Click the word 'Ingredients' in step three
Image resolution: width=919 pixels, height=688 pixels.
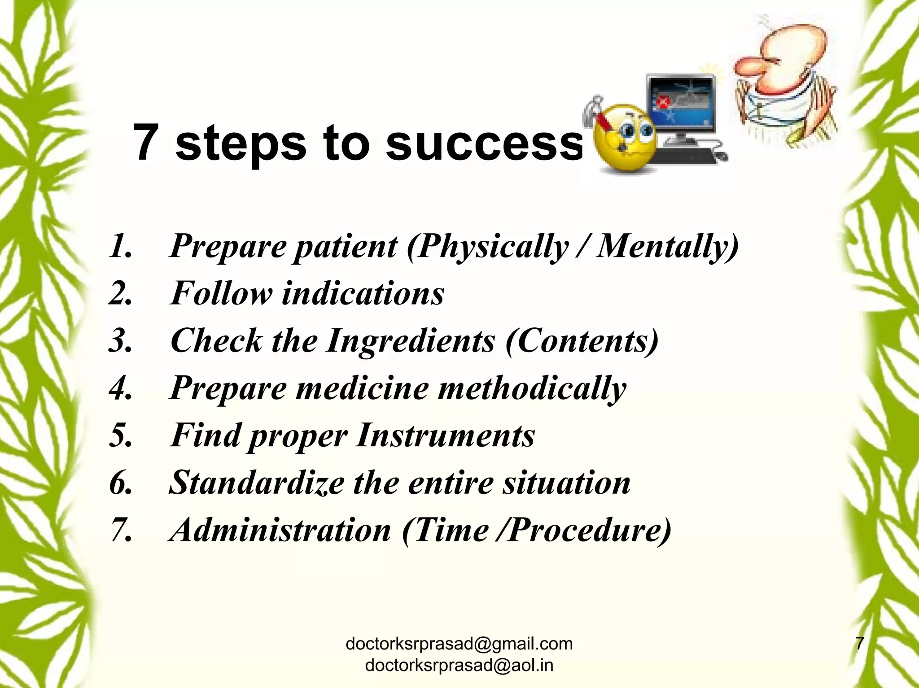pos(410,341)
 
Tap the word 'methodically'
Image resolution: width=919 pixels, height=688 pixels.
pos(532,388)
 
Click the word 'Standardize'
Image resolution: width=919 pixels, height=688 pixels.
pos(256,483)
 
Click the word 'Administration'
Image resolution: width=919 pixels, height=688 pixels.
pos(280,530)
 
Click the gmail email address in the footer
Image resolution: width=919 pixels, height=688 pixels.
pos(459,644)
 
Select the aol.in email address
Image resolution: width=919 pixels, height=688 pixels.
pos(459,665)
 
